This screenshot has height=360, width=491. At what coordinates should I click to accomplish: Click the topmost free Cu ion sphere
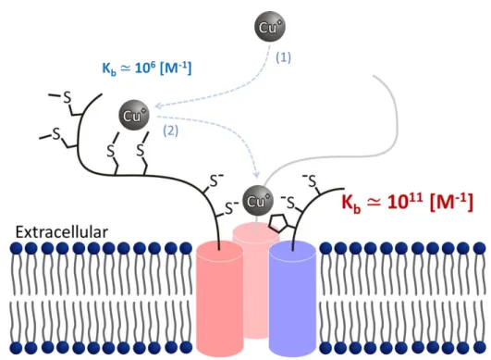[270, 27]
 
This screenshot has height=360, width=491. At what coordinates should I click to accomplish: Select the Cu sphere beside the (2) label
[134, 116]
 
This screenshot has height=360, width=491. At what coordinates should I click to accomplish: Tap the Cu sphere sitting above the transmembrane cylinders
[258, 201]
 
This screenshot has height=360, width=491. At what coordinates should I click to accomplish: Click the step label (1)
[283, 57]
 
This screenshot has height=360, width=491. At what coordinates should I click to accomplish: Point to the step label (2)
[170, 130]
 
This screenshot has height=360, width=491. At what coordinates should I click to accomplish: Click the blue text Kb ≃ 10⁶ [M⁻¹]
[147, 68]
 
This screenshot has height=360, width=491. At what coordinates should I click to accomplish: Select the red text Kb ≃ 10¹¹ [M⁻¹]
[407, 202]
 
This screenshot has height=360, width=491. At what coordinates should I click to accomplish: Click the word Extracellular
[62, 232]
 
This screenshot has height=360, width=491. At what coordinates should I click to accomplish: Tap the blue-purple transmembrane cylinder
[292, 299]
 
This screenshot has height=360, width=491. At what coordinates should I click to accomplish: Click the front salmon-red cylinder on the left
[220, 299]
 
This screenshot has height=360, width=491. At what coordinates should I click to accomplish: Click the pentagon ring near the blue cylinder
[278, 222]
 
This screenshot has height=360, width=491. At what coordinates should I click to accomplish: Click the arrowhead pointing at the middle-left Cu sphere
[159, 106]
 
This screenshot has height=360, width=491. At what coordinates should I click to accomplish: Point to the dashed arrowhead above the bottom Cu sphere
[256, 174]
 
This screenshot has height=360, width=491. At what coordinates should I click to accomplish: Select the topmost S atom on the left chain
[67, 98]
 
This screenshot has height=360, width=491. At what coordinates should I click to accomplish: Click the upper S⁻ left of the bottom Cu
[216, 180]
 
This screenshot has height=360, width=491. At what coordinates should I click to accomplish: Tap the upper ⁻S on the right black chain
[310, 180]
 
